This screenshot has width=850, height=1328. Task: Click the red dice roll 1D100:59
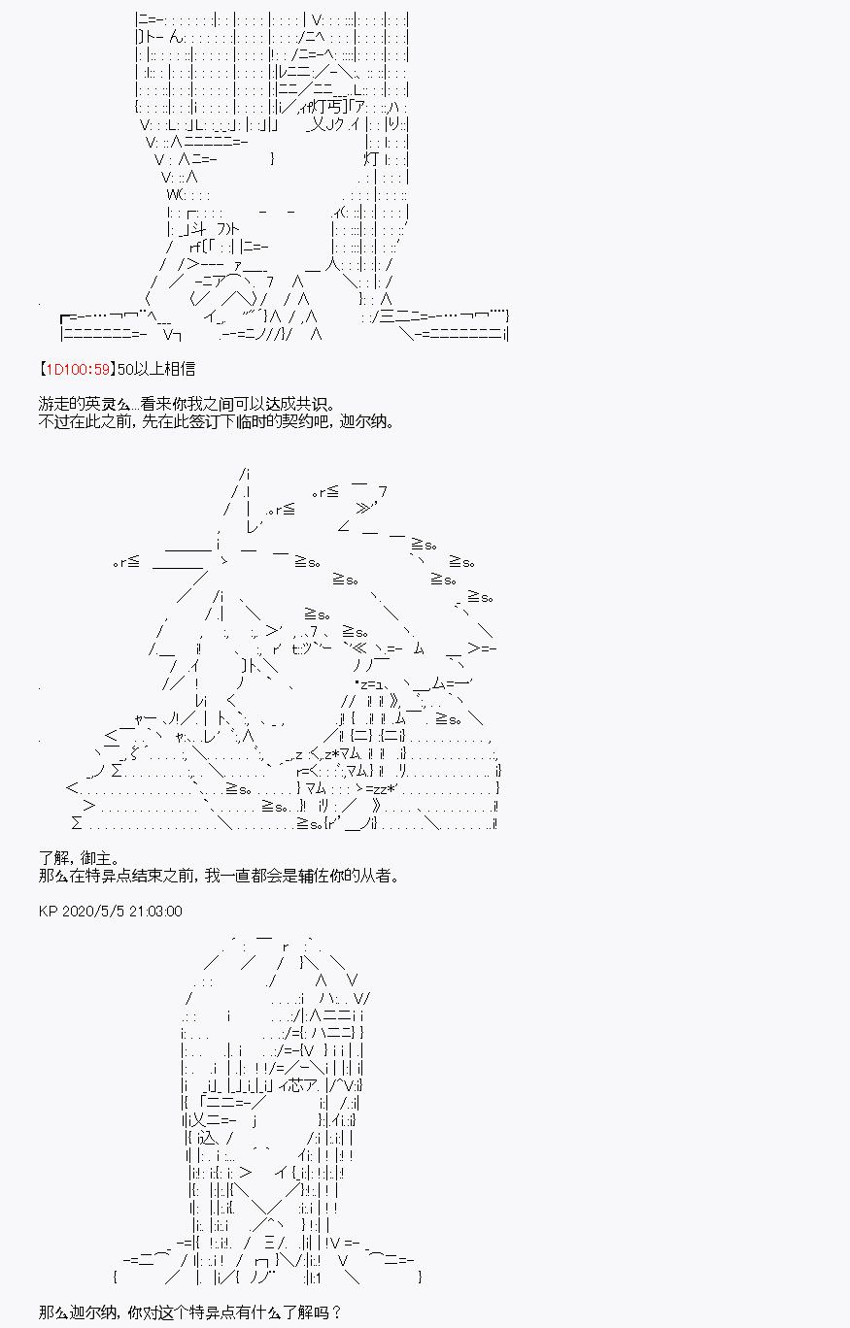[x=78, y=369]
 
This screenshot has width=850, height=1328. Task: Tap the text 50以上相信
[x=156, y=369]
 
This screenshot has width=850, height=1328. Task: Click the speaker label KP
[x=48, y=912]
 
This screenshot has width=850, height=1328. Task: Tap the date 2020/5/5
[x=92, y=912]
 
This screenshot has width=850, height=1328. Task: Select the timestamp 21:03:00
[x=155, y=912]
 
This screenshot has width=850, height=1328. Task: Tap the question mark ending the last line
[x=337, y=1312]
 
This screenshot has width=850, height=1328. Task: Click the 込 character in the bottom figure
[x=204, y=1138]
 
